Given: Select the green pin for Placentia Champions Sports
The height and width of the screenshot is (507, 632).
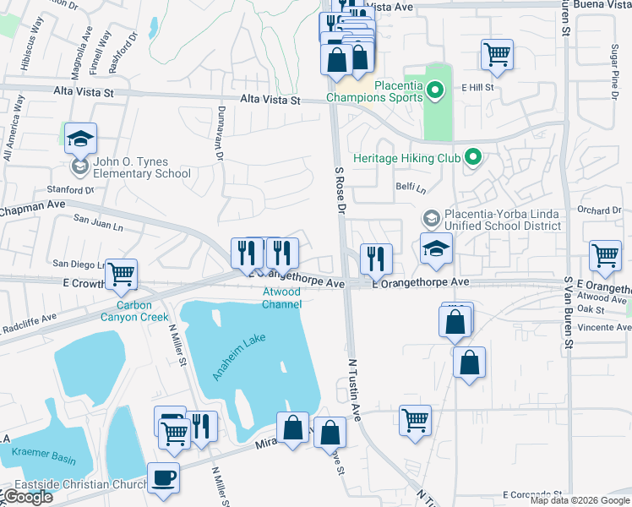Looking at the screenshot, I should click(435, 90).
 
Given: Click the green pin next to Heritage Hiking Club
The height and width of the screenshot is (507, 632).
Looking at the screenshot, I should click(473, 157).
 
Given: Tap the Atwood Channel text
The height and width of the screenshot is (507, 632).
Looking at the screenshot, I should click(281, 297).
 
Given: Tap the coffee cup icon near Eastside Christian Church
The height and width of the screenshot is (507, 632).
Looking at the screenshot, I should click(164, 477).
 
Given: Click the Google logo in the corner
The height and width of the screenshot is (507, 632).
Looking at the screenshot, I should click(27, 497).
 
